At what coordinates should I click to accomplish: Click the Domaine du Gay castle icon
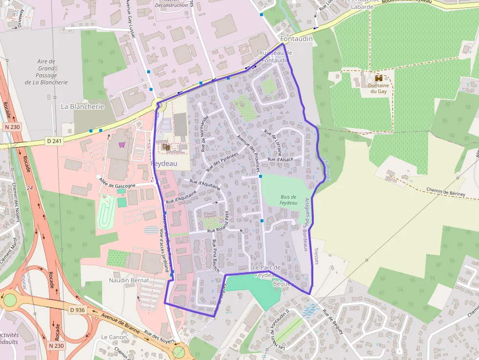[x=378, y=78]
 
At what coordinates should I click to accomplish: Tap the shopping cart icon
[x=122, y=145]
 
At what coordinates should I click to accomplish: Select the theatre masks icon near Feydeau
[x=166, y=146]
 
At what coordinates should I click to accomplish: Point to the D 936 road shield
[x=77, y=309]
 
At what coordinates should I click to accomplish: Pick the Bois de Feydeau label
[x=289, y=199]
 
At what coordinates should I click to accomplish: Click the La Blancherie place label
[x=82, y=106]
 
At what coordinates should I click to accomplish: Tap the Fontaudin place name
[x=296, y=39]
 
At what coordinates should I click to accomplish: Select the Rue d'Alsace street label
[x=280, y=159]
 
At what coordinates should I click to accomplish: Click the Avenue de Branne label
[x=119, y=325]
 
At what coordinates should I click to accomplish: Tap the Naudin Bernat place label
[x=129, y=281]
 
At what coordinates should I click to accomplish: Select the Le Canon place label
[x=114, y=337]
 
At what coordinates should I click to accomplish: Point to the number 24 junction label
[x=29, y=188]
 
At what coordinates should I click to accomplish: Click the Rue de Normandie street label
[x=205, y=133]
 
